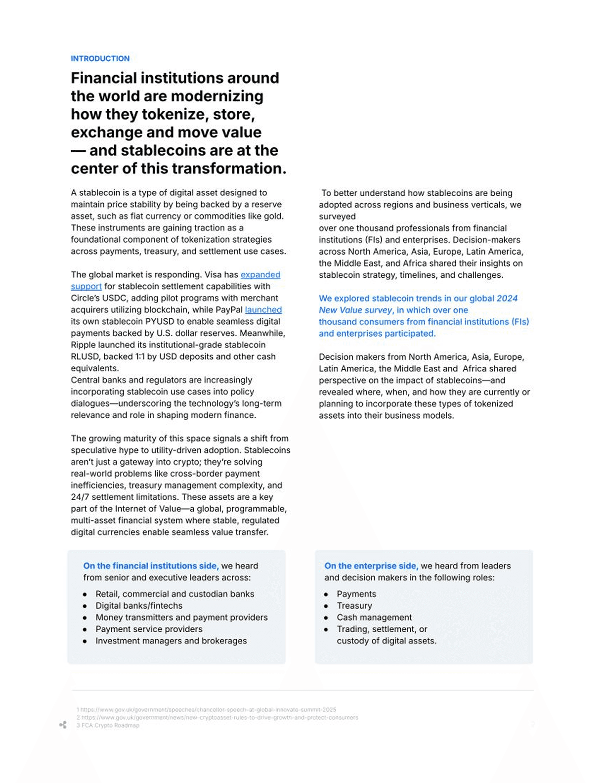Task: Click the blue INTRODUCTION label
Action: (100, 58)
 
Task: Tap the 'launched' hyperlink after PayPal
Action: (263, 310)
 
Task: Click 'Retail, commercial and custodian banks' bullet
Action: (174, 594)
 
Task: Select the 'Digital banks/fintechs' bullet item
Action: (139, 606)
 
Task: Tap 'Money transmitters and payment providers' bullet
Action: (181, 617)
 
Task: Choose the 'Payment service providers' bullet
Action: (149, 629)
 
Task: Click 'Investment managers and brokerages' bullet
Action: (171, 641)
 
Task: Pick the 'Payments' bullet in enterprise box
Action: (356, 594)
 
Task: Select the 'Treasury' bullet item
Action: (354, 606)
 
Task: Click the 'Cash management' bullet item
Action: (374, 617)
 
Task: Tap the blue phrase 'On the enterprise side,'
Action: (371, 566)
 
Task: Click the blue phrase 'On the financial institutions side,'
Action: (151, 566)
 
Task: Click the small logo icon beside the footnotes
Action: (63, 725)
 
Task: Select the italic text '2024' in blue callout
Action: (507, 299)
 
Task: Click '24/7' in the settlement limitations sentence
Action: (80, 497)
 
